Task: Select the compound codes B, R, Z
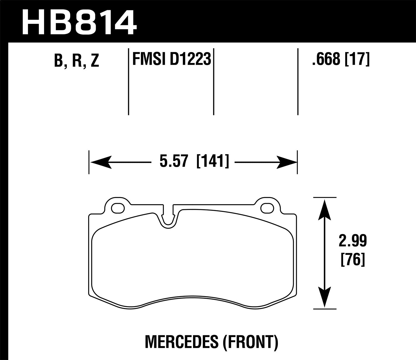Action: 77,60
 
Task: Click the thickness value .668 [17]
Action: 341,59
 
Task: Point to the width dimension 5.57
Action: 174,162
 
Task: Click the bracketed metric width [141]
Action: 213,162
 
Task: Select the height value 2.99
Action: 352,241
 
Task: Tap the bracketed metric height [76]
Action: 352,260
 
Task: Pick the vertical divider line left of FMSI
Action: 129,82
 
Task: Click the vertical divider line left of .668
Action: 298,82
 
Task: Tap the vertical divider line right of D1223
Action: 214,82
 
